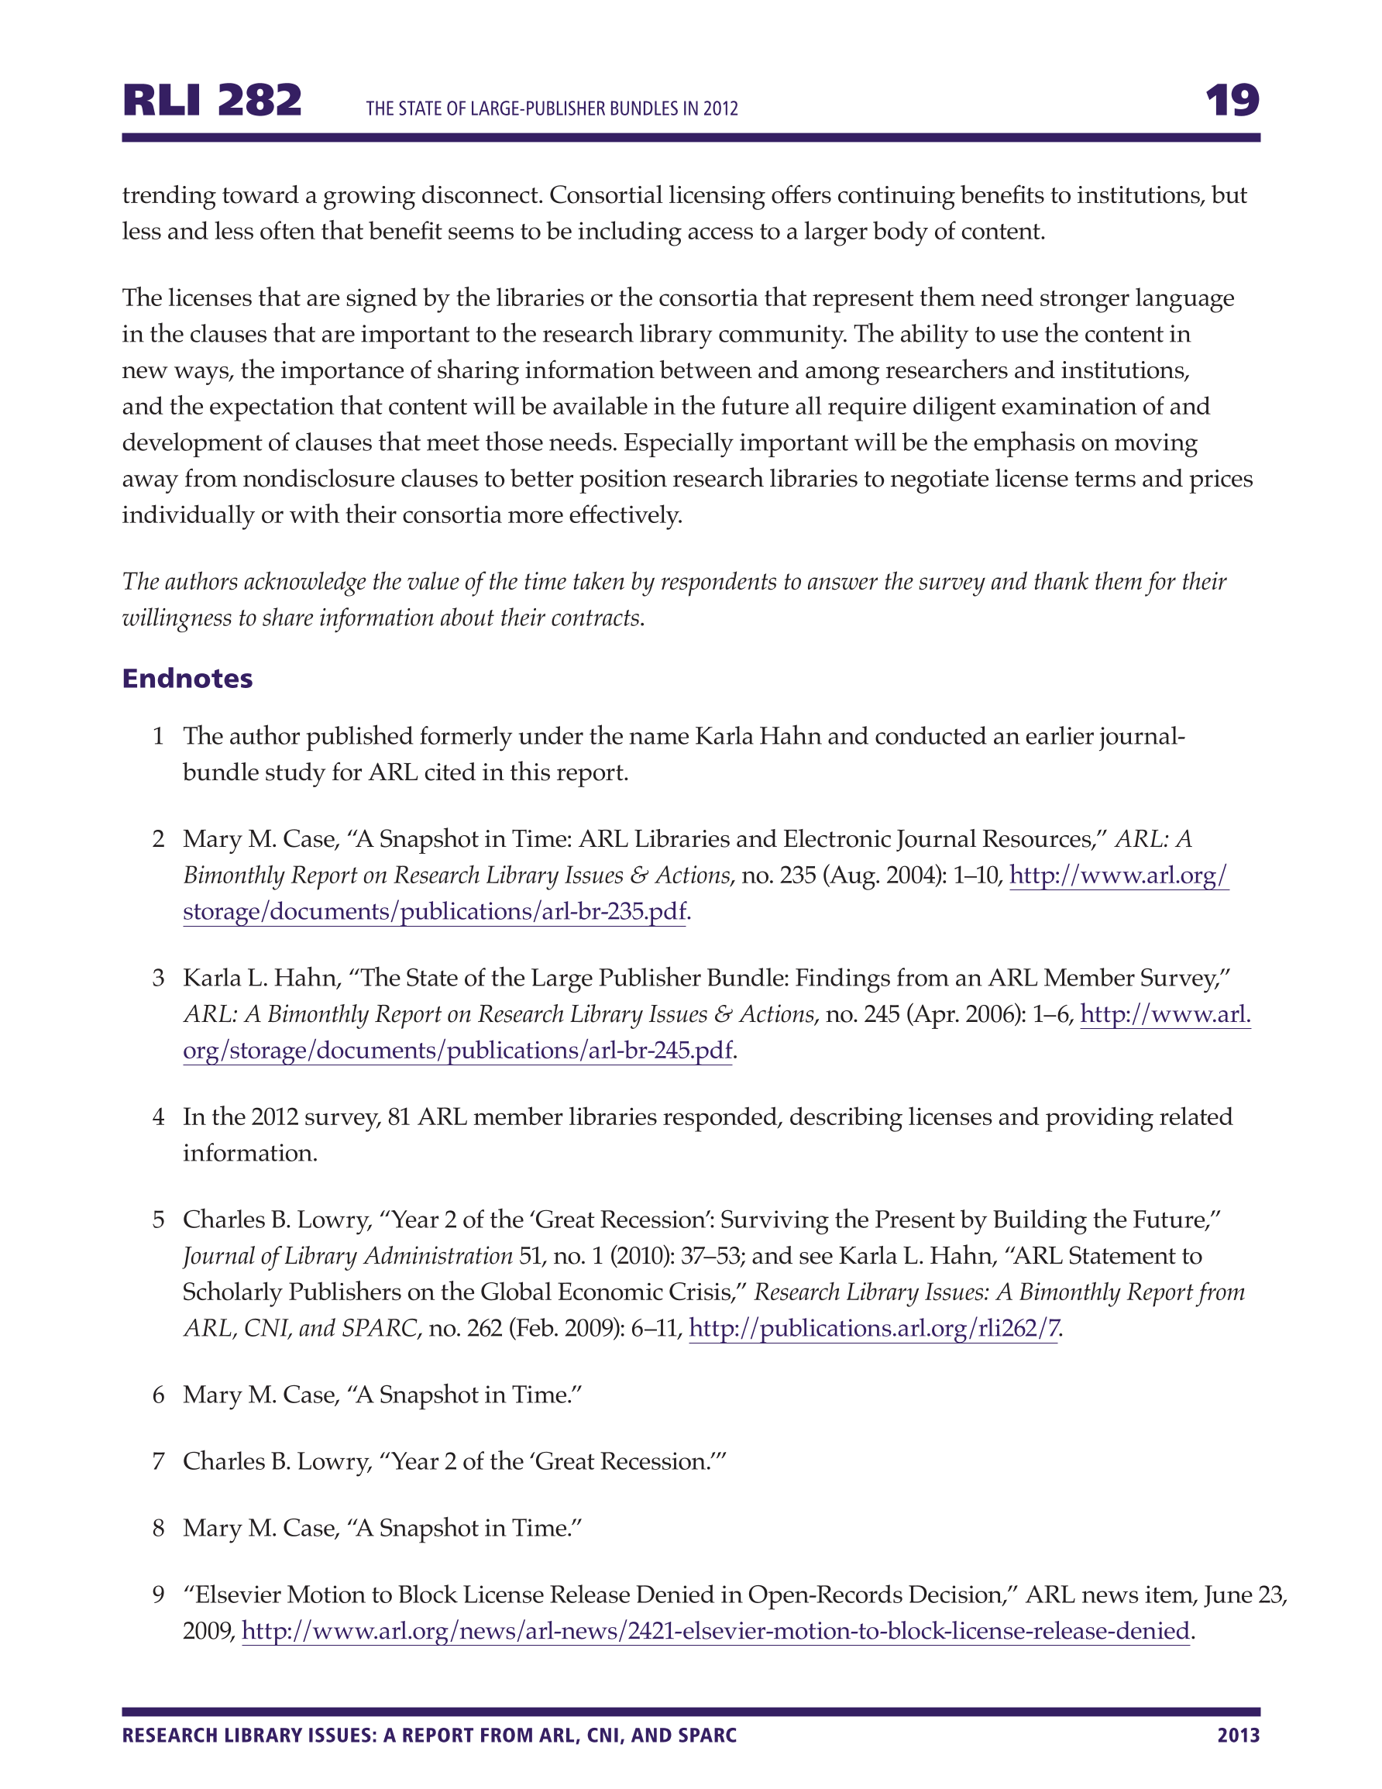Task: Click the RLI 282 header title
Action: (211, 101)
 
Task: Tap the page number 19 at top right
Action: (1231, 101)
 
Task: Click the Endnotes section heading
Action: (187, 678)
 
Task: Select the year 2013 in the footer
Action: (1238, 1735)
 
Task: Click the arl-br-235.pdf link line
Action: (434, 912)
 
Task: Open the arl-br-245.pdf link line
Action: (457, 1050)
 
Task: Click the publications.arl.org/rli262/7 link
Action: (873, 1328)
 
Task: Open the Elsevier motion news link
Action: (715, 1631)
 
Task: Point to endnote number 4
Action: (159, 1117)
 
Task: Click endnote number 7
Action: (159, 1461)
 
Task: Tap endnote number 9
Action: (159, 1595)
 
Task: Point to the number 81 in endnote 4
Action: (399, 1117)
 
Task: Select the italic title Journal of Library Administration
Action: (347, 1256)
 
